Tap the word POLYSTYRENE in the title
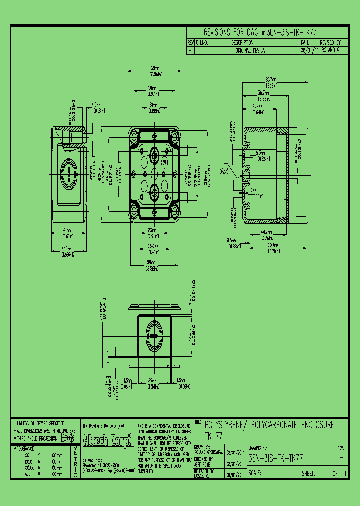225,425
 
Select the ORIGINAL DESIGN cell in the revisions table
250,50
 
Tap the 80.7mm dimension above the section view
271,82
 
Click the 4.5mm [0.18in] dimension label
97,108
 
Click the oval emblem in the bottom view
155,336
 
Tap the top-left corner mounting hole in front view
135,135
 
